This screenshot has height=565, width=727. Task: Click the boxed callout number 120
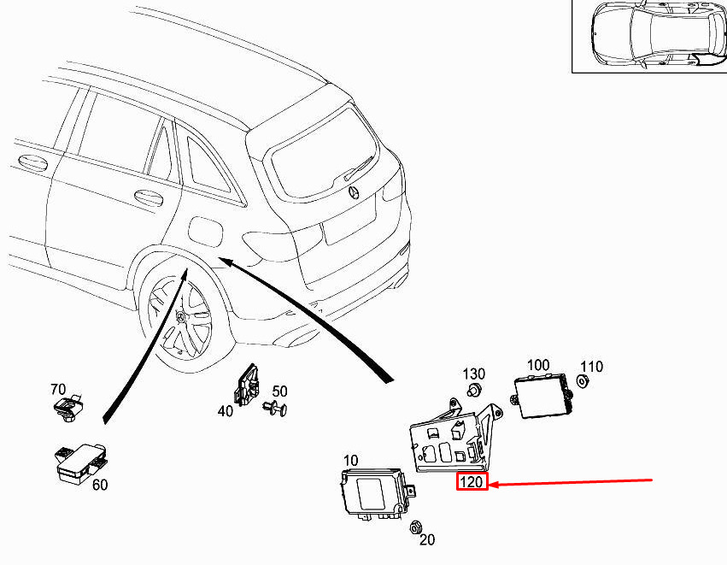coord(472,483)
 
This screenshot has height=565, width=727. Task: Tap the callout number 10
coord(351,461)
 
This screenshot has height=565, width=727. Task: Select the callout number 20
coord(427,539)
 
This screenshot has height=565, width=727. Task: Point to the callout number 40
coord(226,411)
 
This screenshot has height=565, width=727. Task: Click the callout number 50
coord(279,391)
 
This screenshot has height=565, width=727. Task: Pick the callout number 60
coord(100,485)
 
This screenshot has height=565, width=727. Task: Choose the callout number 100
coord(537,365)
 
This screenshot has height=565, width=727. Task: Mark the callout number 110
coord(591,367)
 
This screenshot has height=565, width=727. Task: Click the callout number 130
coord(474,374)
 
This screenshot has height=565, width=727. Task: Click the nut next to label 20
coord(417,526)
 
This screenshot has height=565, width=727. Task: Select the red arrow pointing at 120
coord(572,483)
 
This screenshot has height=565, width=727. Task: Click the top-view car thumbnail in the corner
coord(648,37)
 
